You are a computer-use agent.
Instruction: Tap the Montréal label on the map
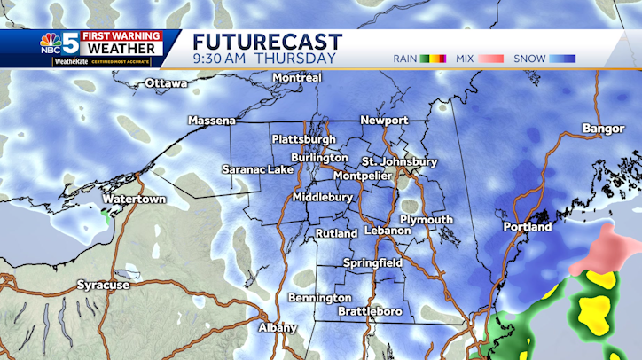click(x=297, y=78)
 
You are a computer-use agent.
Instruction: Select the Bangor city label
click(x=604, y=129)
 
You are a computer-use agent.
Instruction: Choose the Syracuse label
click(x=103, y=285)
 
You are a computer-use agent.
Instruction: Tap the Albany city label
click(x=278, y=327)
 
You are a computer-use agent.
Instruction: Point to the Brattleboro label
click(x=371, y=312)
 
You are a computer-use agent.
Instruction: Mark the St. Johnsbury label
click(x=399, y=162)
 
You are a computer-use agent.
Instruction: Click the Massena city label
click(x=211, y=120)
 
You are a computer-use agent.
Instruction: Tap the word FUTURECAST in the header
click(x=267, y=42)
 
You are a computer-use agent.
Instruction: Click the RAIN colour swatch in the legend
click(x=434, y=59)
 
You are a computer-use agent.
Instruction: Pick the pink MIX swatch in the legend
click(x=491, y=59)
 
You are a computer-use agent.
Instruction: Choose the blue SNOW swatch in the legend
click(x=562, y=59)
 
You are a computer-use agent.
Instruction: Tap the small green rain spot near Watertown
click(x=107, y=215)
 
